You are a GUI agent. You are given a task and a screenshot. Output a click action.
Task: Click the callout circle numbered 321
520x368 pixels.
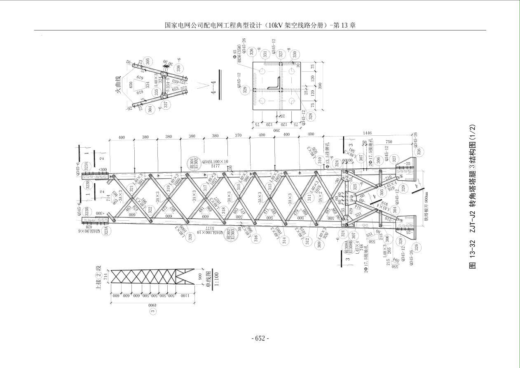coord(132,189)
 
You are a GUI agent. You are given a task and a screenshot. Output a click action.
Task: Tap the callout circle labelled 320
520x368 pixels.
coord(190,237)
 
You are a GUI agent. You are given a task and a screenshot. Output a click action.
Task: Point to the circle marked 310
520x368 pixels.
coord(321,160)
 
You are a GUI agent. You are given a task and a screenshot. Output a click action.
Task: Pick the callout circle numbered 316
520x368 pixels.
coord(256,238)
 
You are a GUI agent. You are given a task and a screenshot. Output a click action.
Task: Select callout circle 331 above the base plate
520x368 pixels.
coord(265,54)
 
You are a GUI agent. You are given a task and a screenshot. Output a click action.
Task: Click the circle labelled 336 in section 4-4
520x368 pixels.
coord(178,68)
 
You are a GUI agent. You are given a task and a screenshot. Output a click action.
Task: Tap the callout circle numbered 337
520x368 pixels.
coord(166,105)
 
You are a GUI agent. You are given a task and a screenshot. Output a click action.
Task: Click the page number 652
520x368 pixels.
coord(260,338)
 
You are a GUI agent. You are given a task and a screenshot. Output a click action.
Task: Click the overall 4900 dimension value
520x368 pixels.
coord(152,306)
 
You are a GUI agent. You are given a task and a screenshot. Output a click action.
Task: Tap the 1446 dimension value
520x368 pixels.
coord(367,133)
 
